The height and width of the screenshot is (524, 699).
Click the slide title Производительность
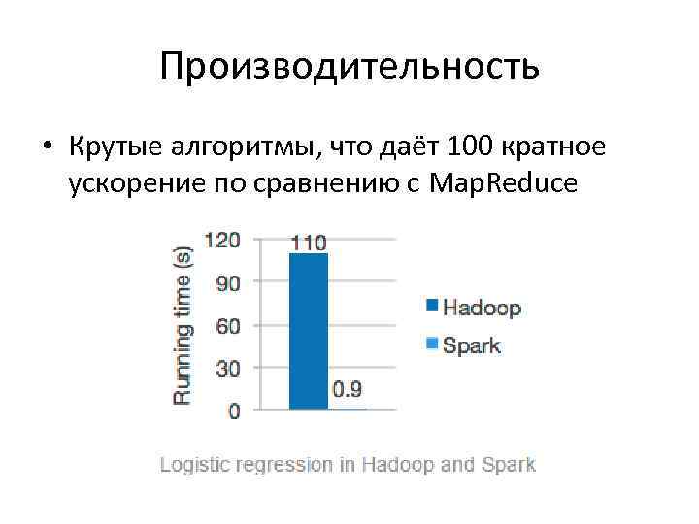349,67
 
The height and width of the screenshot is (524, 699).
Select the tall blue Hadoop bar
309,330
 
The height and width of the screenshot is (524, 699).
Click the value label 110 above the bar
309,242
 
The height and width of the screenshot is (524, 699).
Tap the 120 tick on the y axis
221,240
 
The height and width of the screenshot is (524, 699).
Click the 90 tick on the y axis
227,282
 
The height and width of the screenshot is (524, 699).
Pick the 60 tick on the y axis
227,325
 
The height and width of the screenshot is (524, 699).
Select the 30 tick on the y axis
227,368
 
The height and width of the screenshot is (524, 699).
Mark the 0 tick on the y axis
234,410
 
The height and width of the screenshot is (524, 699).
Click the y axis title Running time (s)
183,325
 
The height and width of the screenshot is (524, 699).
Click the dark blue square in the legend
431,306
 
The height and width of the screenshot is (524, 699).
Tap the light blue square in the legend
431,342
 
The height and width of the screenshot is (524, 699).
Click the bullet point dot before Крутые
46,147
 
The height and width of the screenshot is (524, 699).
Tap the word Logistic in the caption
192,465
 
